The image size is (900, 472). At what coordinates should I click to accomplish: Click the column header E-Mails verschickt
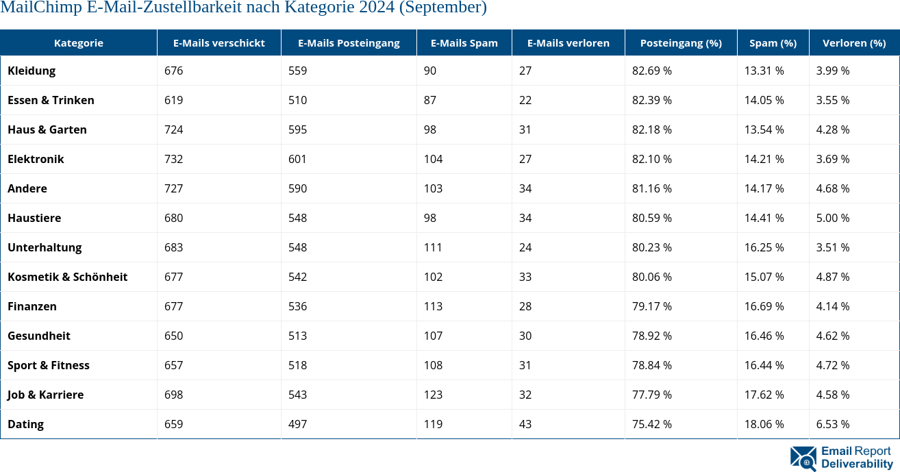218,42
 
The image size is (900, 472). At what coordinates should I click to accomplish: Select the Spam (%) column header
773,42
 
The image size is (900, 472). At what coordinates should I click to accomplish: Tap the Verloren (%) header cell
853,42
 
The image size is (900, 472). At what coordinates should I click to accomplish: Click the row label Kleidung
32,71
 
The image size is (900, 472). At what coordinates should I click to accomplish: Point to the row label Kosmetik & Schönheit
67,277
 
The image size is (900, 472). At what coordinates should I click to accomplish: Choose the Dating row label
25,424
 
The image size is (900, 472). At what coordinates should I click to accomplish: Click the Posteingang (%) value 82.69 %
651,71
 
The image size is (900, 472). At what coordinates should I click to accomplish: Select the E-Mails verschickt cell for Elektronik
174,159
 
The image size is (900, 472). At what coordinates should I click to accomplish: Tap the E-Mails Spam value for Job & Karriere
433,395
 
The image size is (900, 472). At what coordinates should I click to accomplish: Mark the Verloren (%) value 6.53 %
832,424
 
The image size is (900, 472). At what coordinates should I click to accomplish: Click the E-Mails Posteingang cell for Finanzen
297,306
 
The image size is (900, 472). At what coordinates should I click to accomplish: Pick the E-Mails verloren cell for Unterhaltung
525,247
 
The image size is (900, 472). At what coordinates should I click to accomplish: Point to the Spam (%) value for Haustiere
764,218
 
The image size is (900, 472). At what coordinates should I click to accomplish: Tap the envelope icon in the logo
803,458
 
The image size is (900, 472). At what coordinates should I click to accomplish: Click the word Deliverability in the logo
857,464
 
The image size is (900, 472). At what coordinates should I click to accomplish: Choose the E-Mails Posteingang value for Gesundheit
297,336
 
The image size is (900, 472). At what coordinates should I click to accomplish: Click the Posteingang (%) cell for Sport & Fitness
651,365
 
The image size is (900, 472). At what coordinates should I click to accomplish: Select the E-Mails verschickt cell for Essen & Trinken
174,100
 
